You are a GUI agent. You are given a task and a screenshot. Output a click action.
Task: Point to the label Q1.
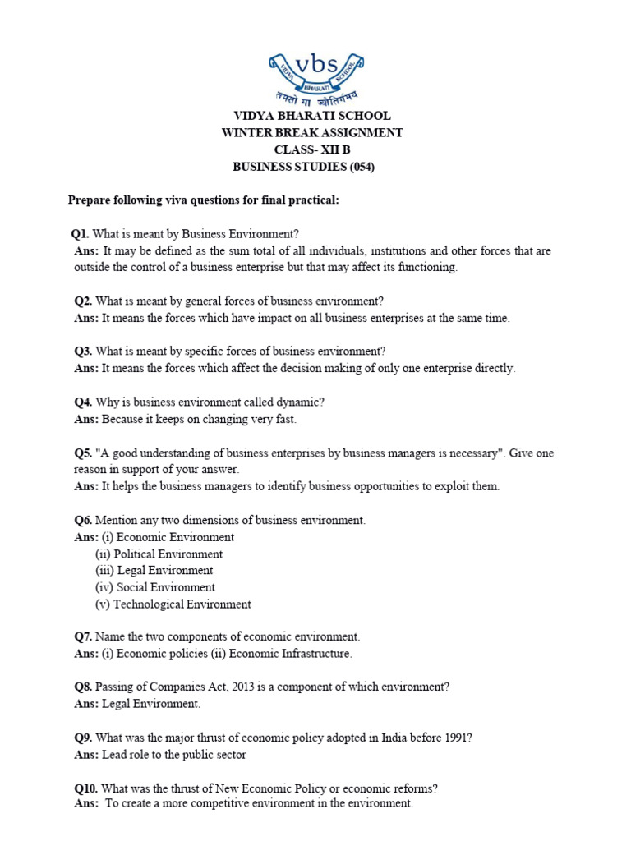(x=81, y=234)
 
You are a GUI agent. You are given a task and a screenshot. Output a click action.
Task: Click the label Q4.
(x=81, y=402)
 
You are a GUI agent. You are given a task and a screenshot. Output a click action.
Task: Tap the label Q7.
(x=81, y=636)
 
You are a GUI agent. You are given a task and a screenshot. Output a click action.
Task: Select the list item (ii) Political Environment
(x=159, y=554)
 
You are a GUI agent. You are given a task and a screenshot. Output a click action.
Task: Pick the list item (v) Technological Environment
(x=173, y=604)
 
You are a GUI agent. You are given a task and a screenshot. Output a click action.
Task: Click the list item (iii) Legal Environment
(x=154, y=571)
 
